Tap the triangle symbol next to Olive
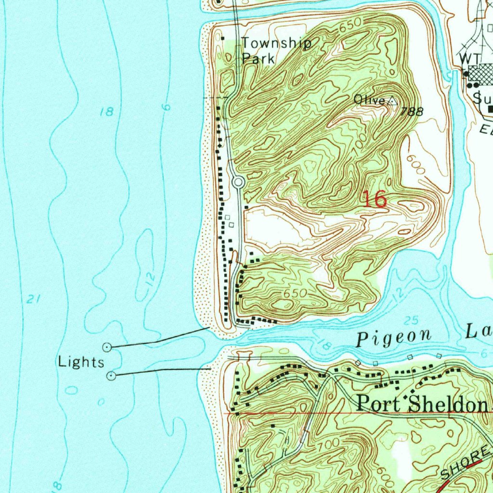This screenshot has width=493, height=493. (392, 101)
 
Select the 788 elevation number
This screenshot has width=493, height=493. (413, 112)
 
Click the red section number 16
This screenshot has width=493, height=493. (375, 199)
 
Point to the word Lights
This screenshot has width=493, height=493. (81, 362)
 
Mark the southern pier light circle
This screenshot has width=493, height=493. (112, 375)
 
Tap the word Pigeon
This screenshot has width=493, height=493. (393, 338)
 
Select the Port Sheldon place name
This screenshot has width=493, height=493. (422, 403)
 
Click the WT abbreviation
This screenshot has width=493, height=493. (469, 58)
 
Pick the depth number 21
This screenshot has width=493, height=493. (32, 299)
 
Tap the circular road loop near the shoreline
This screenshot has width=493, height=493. (238, 182)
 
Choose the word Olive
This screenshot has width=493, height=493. (369, 100)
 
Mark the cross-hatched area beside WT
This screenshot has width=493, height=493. (481, 74)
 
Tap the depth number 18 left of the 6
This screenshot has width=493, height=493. (106, 112)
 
